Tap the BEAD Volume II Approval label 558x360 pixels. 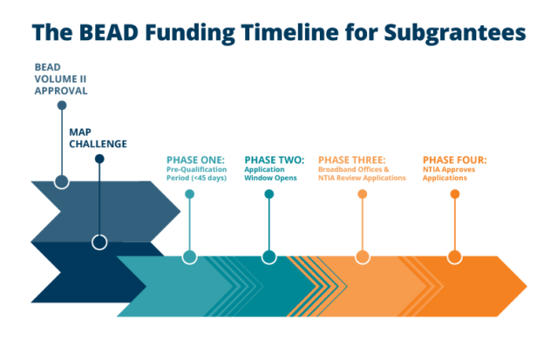pyautogui.click(x=61, y=78)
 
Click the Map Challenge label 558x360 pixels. pyautogui.click(x=98, y=138)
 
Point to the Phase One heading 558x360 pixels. pyautogui.click(x=196, y=160)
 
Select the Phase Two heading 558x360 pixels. pyautogui.click(x=275, y=160)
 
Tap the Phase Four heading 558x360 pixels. pyautogui.click(x=454, y=160)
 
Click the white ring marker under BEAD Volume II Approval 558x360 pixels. pyautogui.click(x=62, y=181)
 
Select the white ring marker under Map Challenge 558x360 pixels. pyautogui.click(x=99, y=242)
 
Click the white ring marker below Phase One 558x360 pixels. pyautogui.click(x=189, y=256)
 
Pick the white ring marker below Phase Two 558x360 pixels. pyautogui.click(x=269, y=256)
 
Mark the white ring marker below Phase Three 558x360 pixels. pyautogui.click(x=362, y=256)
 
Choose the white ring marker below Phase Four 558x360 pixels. pyautogui.click(x=454, y=256)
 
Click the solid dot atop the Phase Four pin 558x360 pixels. pyautogui.click(x=454, y=194)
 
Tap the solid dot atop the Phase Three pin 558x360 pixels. pyautogui.click(x=362, y=194)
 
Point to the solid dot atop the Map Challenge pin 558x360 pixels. pyautogui.click(x=99, y=159)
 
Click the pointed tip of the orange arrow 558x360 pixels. pyautogui.click(x=526, y=286)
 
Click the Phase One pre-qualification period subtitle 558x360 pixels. pyautogui.click(x=197, y=173)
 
